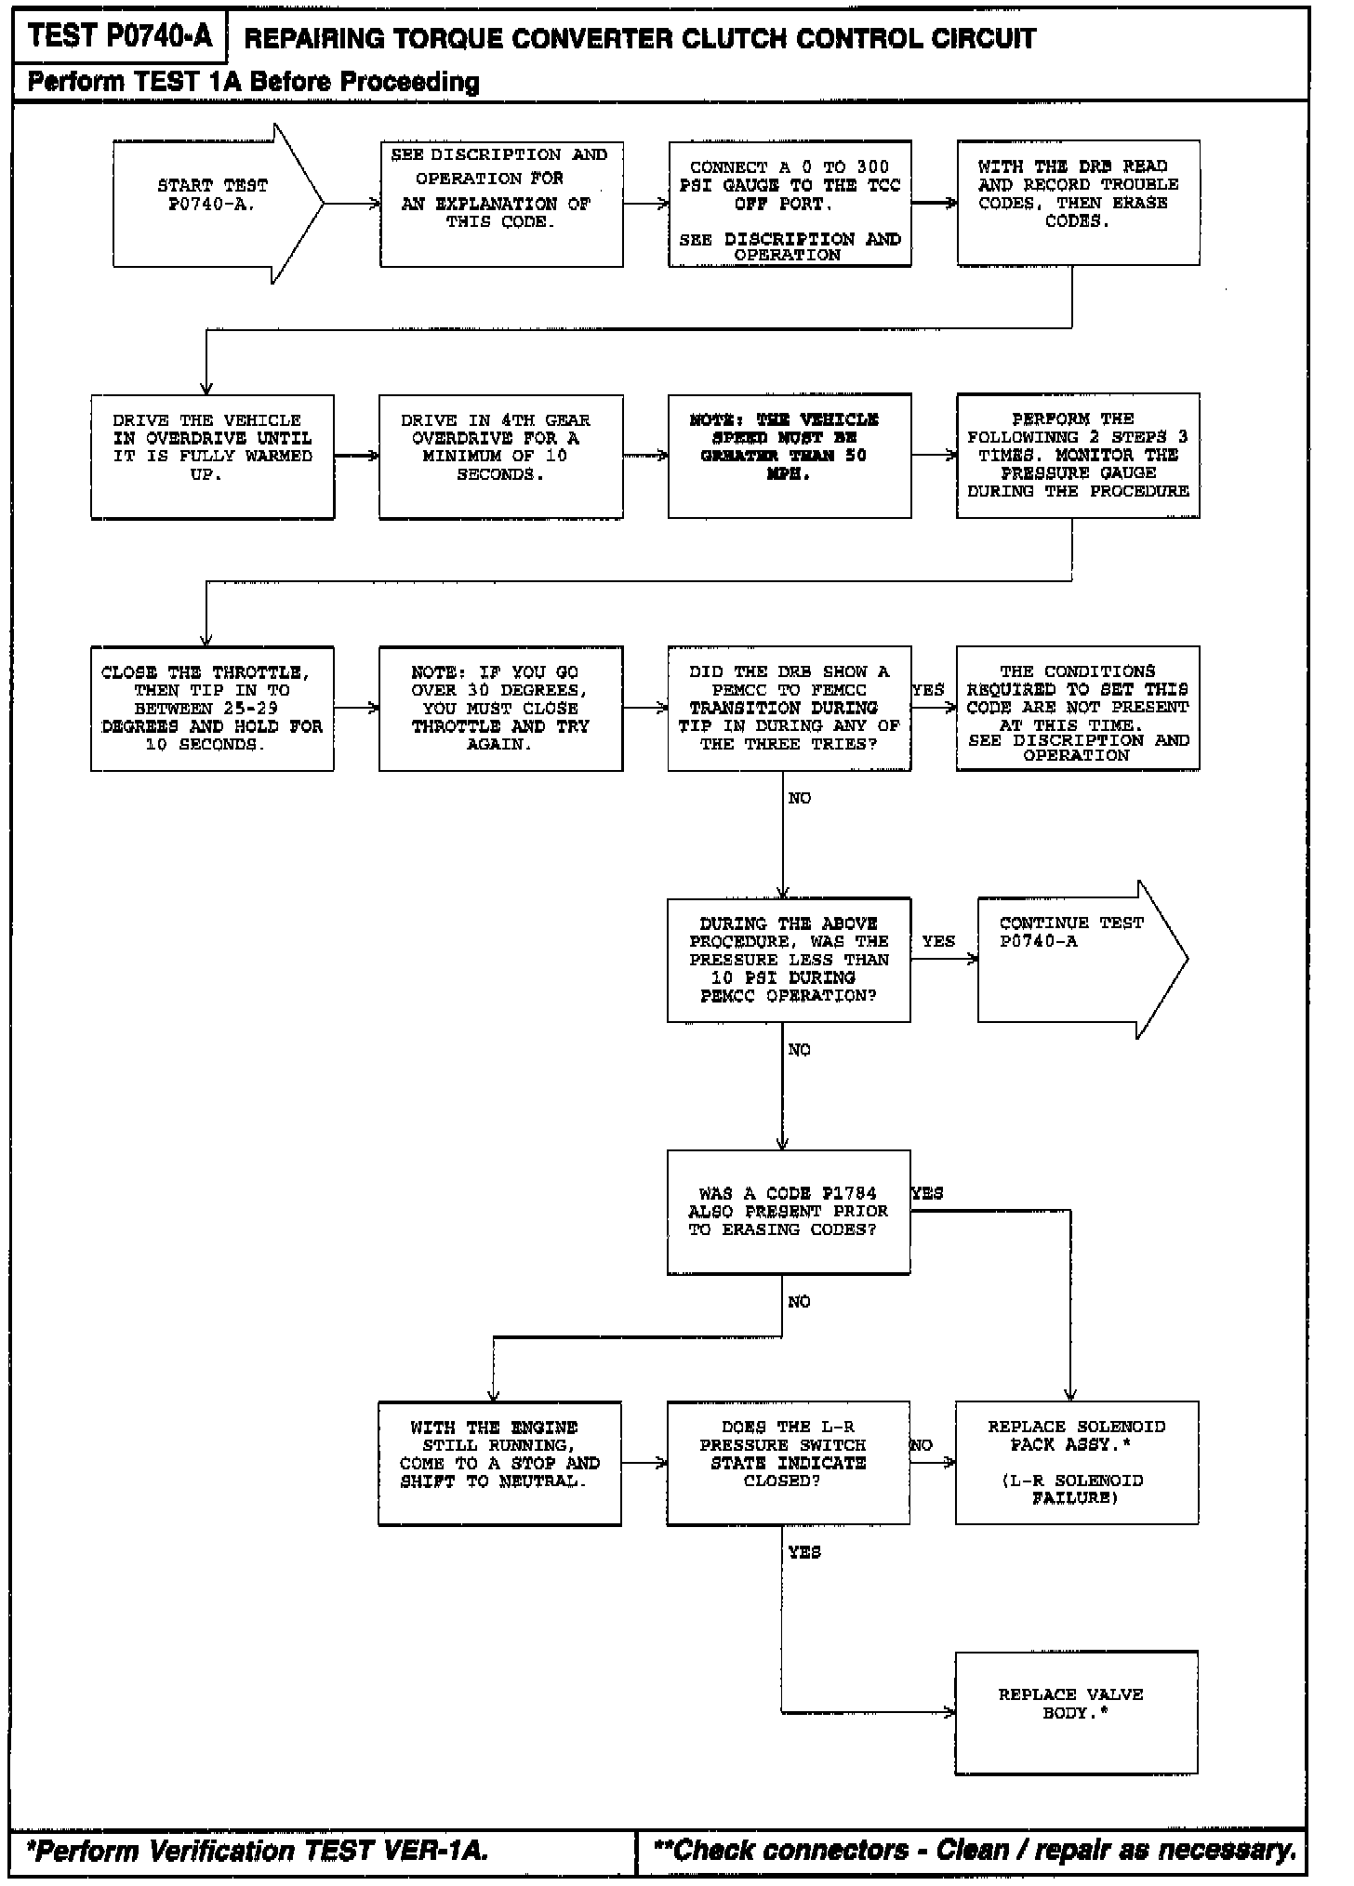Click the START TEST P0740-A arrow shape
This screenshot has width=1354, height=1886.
(214, 204)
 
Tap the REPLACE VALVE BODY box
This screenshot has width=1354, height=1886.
(1076, 1712)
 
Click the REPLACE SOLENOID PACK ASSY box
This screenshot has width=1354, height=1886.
(1077, 1462)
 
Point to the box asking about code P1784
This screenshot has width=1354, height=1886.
(788, 1211)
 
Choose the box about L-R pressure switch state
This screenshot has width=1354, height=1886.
(788, 1462)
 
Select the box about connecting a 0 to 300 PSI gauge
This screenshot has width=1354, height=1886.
(790, 204)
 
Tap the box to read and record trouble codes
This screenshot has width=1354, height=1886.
(1078, 203)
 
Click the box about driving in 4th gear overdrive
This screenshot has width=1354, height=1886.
(500, 456)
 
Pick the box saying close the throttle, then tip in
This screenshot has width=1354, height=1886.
(212, 708)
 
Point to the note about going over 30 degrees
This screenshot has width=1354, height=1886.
(500, 708)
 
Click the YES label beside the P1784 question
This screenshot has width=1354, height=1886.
(927, 1193)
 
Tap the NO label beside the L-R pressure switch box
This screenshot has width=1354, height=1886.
(922, 1445)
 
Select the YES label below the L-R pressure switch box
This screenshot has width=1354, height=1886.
(804, 1552)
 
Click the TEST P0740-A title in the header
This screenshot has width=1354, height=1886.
(120, 36)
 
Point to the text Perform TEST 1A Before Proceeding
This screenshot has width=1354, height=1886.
(253, 82)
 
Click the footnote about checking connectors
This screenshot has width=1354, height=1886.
(975, 1851)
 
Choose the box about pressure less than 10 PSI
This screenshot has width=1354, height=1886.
(788, 959)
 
